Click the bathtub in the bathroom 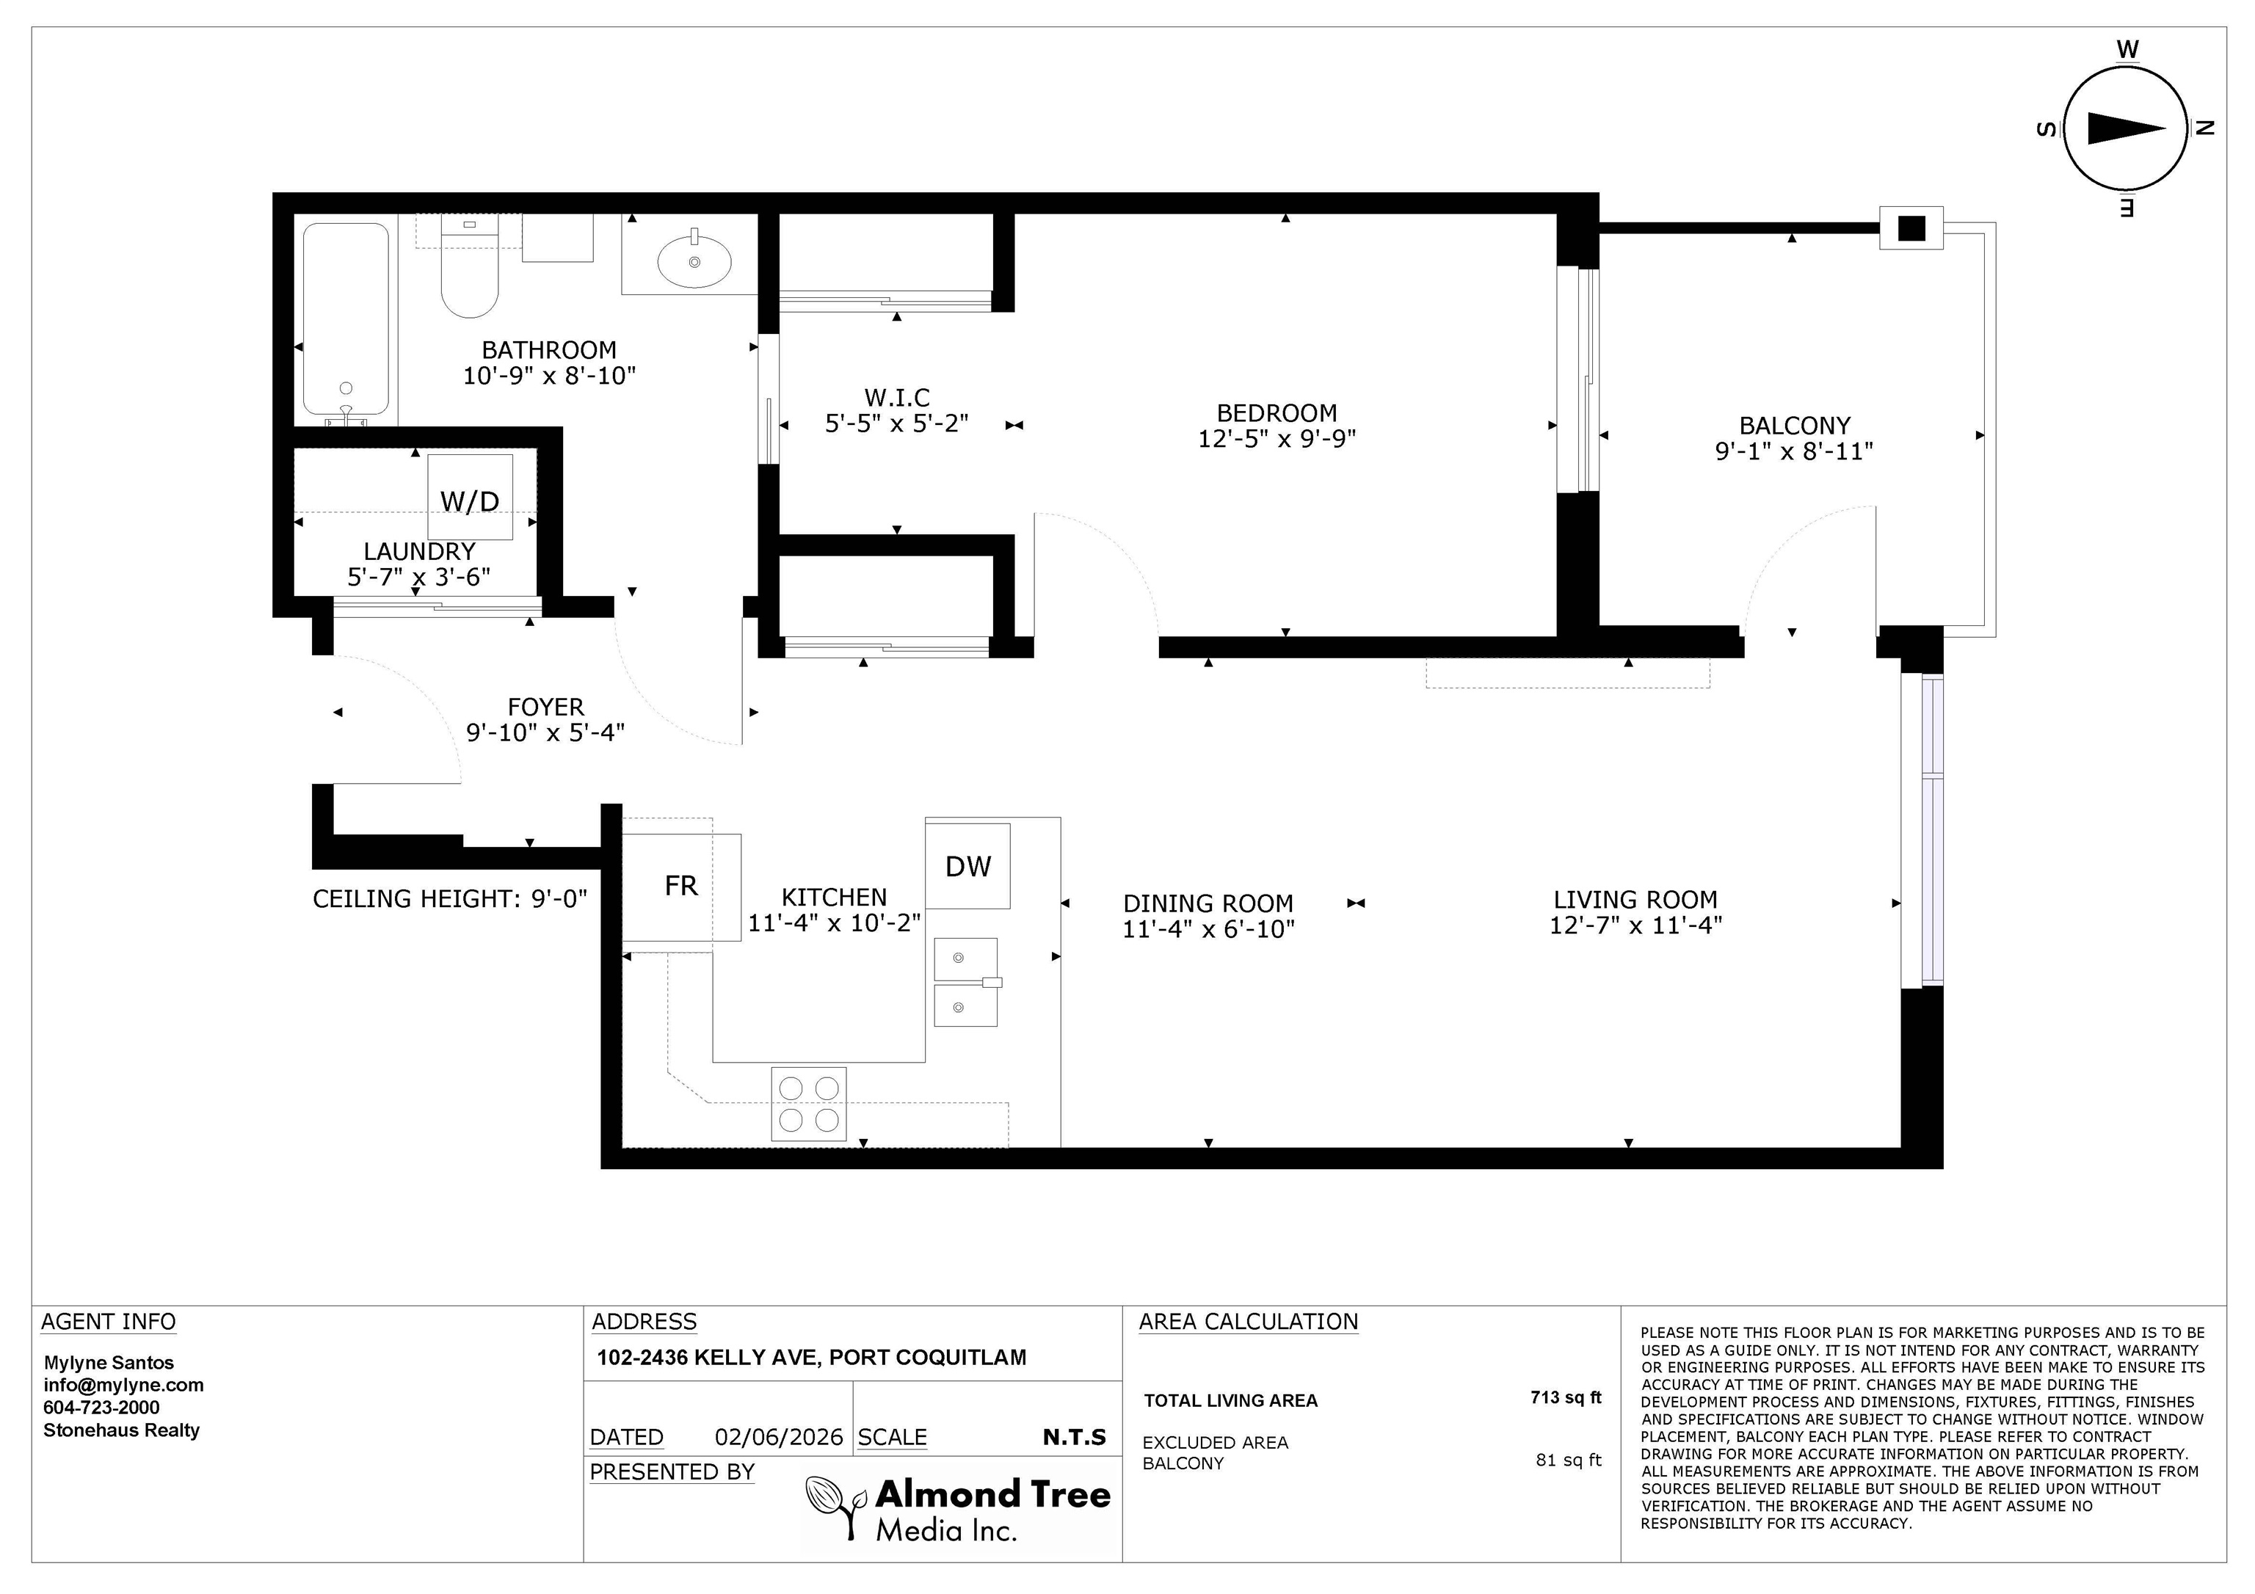point(346,320)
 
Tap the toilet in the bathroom point(470,266)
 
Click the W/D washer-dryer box point(470,497)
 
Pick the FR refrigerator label point(680,886)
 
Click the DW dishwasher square point(967,865)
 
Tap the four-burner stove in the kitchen point(808,1104)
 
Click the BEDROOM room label point(1277,413)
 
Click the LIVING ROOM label point(1635,900)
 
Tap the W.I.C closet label point(897,398)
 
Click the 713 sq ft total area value point(1566,1397)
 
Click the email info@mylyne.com point(124,1386)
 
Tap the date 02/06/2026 point(779,1438)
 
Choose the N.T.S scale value point(1075,1438)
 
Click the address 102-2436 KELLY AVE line point(811,1357)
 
